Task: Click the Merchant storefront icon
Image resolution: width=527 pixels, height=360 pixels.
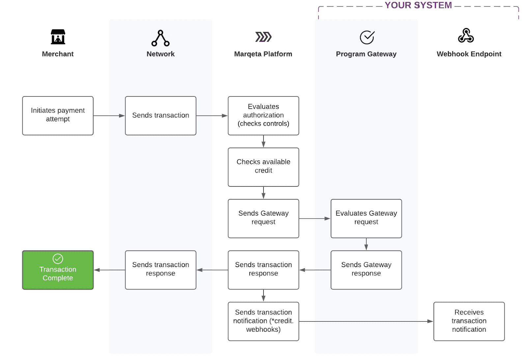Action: point(58,37)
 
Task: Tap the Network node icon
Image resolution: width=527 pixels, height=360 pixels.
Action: point(160,38)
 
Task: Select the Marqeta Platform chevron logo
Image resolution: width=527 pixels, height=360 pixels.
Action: point(263,37)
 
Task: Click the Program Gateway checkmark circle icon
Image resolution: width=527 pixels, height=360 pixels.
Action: point(367,37)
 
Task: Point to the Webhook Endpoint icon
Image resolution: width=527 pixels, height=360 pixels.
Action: point(466,36)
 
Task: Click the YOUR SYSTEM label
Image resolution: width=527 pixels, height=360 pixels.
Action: point(418,5)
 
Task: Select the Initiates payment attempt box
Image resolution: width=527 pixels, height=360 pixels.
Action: point(58,116)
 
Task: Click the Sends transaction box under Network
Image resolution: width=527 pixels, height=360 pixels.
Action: point(160,116)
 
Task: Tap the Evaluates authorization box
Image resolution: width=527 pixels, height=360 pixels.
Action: point(263,116)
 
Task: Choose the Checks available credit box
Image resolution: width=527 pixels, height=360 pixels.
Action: point(263,167)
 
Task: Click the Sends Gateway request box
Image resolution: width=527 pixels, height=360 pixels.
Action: point(263,218)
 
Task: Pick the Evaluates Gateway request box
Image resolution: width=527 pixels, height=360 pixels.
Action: point(366,218)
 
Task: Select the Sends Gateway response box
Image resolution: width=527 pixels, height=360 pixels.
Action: point(366,270)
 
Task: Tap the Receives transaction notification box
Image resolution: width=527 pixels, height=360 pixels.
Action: point(469,321)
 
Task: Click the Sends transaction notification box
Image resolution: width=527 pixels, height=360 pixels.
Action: point(263,321)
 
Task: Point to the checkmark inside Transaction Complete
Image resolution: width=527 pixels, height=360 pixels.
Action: point(58,259)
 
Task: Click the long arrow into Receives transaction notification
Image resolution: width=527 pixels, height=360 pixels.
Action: point(366,321)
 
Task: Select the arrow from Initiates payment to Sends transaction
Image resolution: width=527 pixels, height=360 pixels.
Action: point(109,116)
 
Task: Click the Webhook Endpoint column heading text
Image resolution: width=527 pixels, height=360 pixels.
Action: point(469,54)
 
